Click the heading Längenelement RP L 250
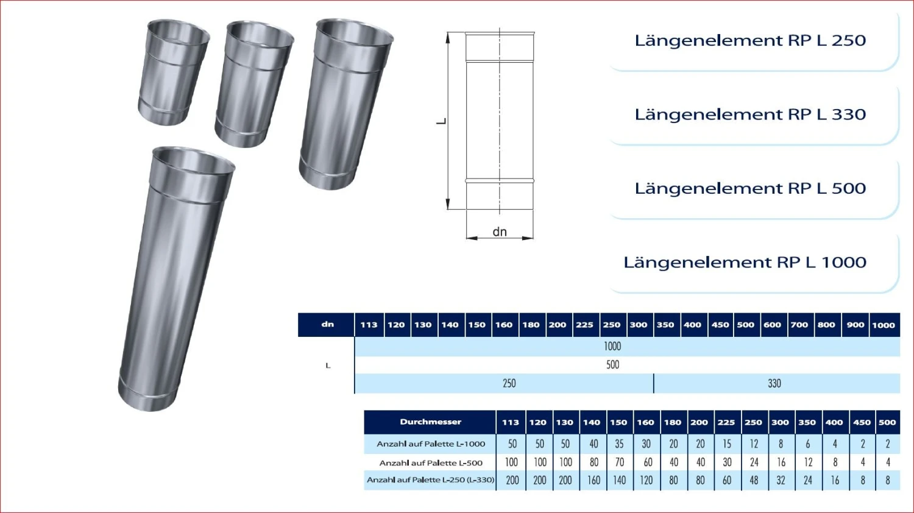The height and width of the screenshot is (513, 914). click(750, 41)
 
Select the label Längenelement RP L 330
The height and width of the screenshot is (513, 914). click(750, 115)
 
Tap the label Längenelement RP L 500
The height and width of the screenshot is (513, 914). click(750, 188)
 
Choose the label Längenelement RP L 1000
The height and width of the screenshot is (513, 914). click(745, 263)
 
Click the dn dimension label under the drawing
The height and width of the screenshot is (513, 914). click(500, 232)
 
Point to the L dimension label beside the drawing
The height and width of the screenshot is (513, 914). click(441, 121)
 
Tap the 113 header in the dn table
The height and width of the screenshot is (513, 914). click(369, 325)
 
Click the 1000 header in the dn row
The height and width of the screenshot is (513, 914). click(883, 325)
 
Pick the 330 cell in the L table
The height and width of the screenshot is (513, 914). click(774, 383)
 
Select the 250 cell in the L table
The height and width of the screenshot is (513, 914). click(509, 383)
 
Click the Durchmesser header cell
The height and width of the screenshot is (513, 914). click(430, 422)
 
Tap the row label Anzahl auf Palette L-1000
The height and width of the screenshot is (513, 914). click(430, 444)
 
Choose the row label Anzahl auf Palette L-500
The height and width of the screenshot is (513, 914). click(430, 462)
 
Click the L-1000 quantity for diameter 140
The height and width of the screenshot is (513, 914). click(593, 444)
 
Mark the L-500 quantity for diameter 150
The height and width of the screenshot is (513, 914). click(620, 462)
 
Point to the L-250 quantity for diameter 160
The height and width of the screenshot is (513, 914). click(647, 480)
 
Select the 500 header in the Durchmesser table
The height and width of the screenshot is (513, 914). click(887, 422)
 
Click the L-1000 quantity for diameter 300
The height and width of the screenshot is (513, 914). click(781, 444)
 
